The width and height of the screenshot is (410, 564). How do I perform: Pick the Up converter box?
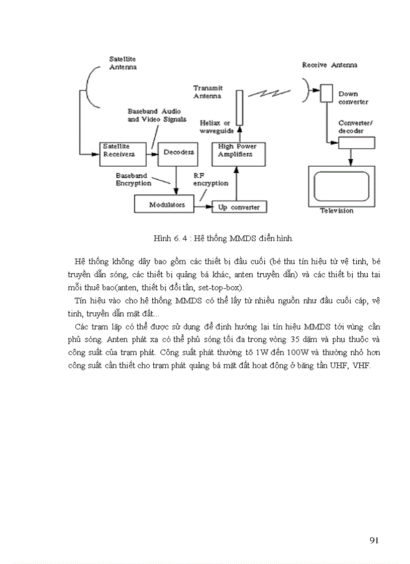coord(239,207)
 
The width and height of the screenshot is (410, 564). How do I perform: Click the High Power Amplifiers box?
coord(239,154)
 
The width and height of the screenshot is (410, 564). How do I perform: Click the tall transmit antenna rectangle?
coord(240,107)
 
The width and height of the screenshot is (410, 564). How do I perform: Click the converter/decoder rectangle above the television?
coord(356,143)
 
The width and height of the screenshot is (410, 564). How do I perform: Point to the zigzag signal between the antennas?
coord(271,93)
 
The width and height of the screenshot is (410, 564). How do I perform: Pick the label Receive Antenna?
coord(330,65)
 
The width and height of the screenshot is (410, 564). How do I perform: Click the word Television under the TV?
coord(337,211)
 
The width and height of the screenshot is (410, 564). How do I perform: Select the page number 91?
coord(373,540)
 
